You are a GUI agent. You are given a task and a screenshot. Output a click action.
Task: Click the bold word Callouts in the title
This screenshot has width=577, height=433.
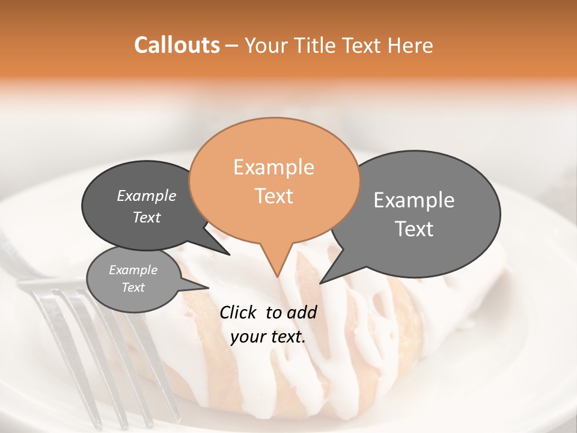click(177, 45)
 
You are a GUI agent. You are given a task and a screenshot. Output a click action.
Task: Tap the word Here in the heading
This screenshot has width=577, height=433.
click(411, 45)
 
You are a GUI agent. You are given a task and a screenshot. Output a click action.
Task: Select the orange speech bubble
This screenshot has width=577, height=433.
click(274, 180)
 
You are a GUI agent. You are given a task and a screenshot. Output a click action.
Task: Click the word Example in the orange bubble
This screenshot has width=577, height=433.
click(273, 167)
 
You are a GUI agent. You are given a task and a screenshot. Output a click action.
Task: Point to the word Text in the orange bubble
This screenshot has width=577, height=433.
click(274, 195)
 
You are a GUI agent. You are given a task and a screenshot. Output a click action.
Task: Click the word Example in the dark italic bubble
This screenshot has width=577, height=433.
click(147, 195)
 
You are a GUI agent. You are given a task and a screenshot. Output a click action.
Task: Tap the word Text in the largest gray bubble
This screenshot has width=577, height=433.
click(415, 229)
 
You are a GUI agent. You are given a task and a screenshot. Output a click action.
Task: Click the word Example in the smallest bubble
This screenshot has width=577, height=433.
click(133, 270)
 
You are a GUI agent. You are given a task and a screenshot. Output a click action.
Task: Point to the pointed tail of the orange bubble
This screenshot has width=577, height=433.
click(276, 271)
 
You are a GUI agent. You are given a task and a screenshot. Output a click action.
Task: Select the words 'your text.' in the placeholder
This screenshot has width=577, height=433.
click(268, 337)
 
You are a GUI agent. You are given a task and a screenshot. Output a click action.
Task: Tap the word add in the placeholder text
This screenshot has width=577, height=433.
click(302, 312)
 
